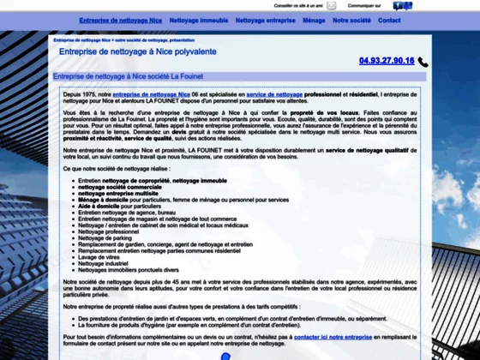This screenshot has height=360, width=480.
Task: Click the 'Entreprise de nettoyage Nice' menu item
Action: point(119,20)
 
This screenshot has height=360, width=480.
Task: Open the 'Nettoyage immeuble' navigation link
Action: point(198,20)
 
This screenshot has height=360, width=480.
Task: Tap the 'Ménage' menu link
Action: point(314,20)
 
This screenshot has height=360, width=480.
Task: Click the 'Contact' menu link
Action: point(389,20)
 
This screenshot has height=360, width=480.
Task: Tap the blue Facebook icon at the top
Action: point(399,5)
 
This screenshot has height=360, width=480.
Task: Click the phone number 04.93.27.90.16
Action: point(387,61)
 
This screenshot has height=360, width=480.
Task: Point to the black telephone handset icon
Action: point(423,62)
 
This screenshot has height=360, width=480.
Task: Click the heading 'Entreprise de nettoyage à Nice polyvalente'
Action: point(137,52)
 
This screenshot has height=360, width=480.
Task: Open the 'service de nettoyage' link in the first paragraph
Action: point(274,95)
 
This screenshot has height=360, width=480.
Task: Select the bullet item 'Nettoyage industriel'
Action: point(103,262)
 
